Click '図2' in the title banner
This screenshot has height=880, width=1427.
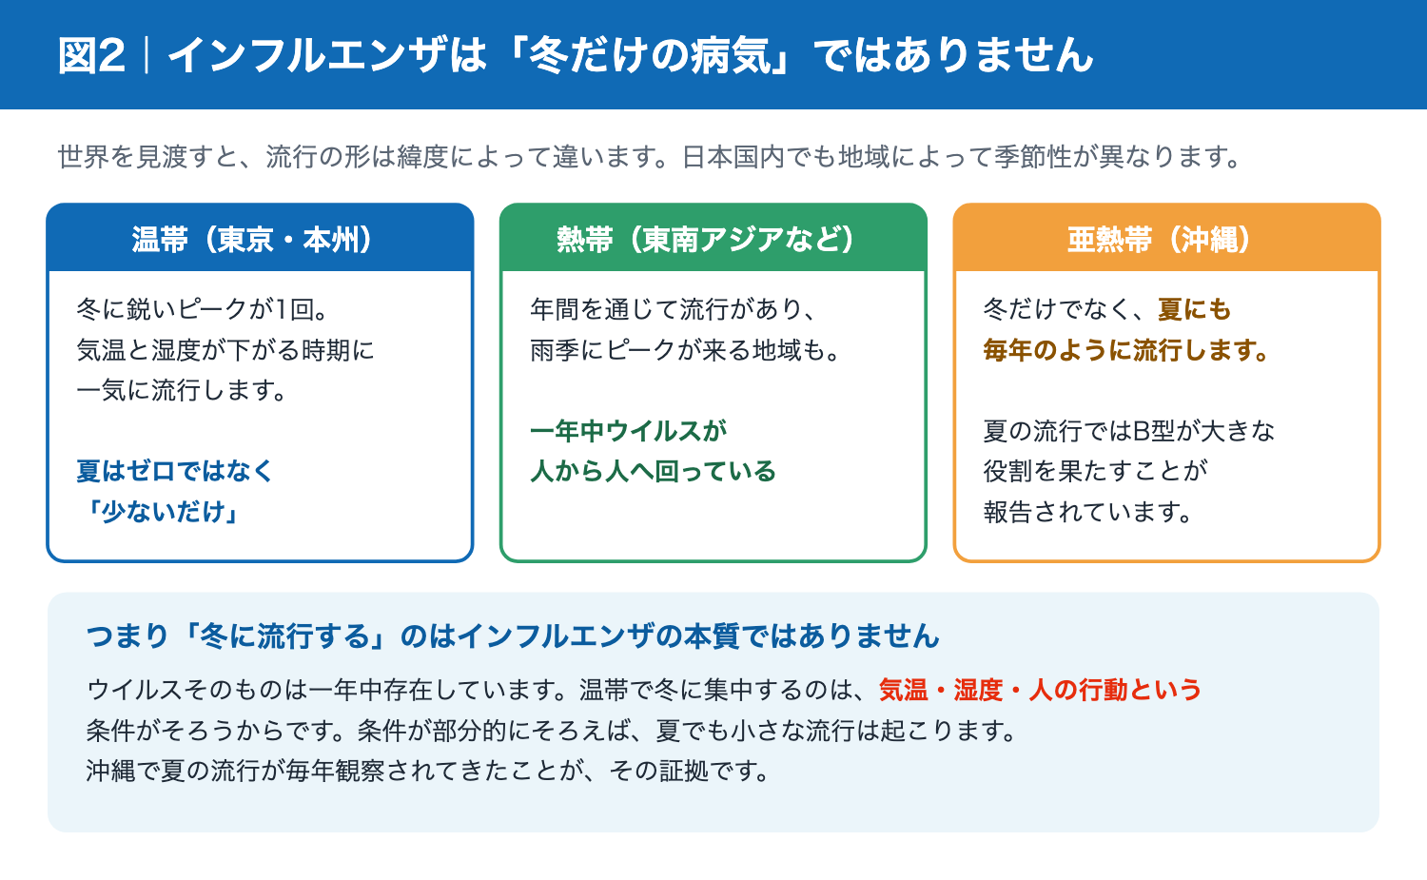(x=91, y=55)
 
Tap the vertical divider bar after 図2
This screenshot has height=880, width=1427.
(x=147, y=55)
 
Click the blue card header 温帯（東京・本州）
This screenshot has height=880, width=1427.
(x=260, y=239)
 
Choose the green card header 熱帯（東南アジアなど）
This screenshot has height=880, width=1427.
(x=713, y=239)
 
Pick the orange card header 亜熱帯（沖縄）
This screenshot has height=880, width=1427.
(x=1166, y=239)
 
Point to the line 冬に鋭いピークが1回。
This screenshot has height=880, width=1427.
(x=203, y=309)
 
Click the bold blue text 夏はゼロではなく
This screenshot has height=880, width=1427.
(x=174, y=471)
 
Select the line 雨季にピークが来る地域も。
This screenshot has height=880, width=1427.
(x=686, y=350)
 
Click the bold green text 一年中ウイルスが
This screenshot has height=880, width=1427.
(x=628, y=431)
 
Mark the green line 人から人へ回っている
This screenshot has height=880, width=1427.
(x=653, y=471)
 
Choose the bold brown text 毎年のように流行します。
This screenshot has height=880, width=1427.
(x=1126, y=350)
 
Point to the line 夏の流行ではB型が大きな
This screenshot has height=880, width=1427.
(x=1129, y=431)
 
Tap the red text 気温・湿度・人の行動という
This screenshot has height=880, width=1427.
(x=1041, y=690)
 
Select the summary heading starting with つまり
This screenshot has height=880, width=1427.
(x=513, y=636)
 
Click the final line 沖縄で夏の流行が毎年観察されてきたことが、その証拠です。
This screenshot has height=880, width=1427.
(x=428, y=771)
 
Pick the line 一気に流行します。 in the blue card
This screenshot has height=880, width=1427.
(x=183, y=390)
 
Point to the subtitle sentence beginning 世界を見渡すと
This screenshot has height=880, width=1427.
(x=650, y=157)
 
